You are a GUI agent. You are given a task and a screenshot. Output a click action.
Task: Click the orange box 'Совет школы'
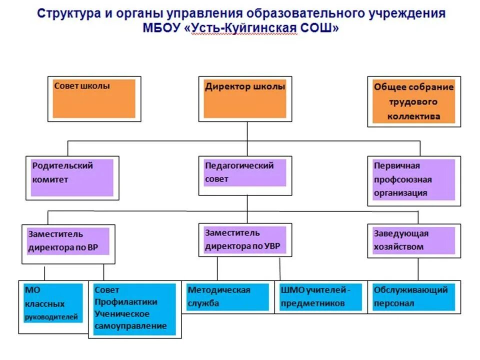[x=94, y=98]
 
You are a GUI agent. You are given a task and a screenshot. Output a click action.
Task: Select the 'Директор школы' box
[x=245, y=98]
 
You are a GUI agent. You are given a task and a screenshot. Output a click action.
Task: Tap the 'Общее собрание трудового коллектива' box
[x=413, y=101]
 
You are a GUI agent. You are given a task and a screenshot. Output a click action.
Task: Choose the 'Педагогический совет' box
[x=245, y=172]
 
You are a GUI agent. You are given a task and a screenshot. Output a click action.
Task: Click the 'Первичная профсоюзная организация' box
[x=413, y=179]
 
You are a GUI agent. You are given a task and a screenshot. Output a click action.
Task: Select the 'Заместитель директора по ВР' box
[x=68, y=241]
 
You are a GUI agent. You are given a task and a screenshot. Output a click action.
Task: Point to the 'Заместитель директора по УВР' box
[x=245, y=240]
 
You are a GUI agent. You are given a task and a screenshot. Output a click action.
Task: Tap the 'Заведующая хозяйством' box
[x=413, y=240]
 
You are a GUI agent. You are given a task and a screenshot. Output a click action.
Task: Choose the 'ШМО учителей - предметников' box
[x=320, y=297]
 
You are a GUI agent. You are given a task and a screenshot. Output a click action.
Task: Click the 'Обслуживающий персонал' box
[x=413, y=297]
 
